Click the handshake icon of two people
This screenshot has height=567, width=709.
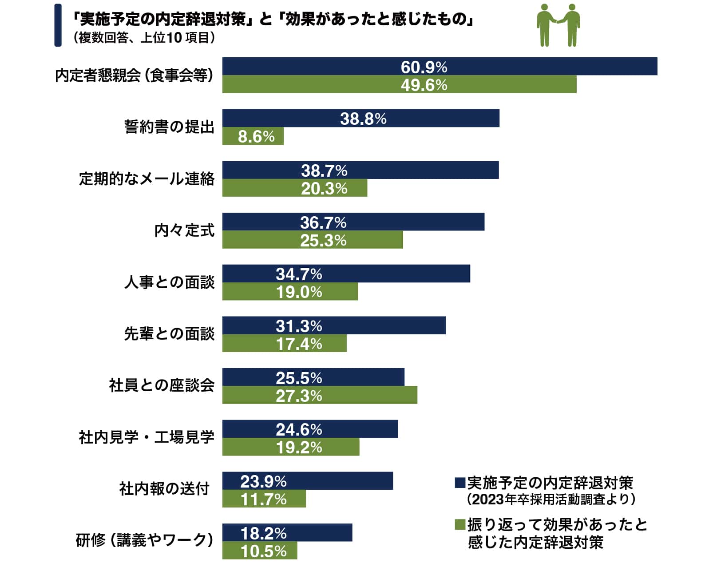pos(558,25)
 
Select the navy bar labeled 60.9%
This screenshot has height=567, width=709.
pos(440,67)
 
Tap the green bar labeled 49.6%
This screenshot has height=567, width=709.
pos(399,84)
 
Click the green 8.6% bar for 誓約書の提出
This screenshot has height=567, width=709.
pos(253,136)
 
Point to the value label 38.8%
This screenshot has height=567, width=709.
pos(363,119)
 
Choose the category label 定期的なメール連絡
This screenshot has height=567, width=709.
pos(147,178)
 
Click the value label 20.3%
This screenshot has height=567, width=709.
pos(324,188)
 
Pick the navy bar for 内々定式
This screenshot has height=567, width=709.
pos(353,222)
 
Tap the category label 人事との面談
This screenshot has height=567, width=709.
pos(169,282)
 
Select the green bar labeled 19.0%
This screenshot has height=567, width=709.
pos(290,292)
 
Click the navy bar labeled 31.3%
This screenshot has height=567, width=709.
pos(334,325)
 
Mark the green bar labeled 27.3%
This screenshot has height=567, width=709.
pos(320,395)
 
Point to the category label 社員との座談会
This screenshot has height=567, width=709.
pos(162,385)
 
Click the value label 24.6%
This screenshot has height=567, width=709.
pos(299,429)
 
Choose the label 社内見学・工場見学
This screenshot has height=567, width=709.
pos(147,437)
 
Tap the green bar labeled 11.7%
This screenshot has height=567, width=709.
pos(264,499)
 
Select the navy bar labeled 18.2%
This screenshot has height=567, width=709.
pos(287,532)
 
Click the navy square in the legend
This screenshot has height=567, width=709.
pos(459,483)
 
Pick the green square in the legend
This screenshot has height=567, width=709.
pos(459,524)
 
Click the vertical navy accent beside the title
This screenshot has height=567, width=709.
pos(58,25)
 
